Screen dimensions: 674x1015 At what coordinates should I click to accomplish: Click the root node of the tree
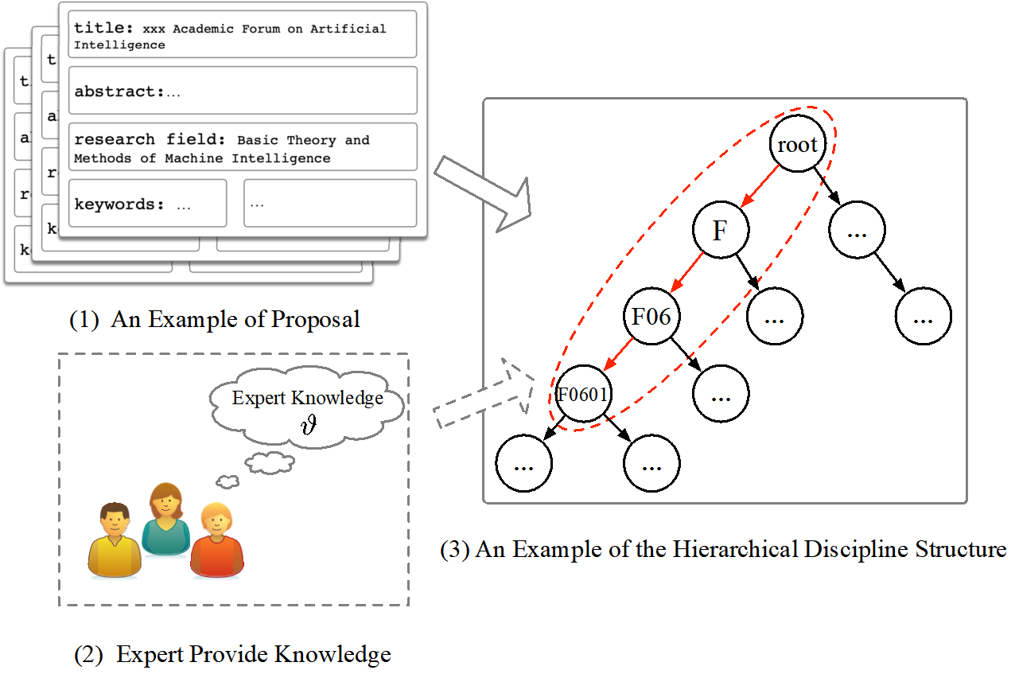[x=797, y=145]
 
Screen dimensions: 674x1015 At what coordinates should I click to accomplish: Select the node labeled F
[x=720, y=231]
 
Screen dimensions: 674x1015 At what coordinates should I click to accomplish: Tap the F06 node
[x=651, y=318]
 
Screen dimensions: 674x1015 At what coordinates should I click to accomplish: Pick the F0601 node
[x=583, y=394]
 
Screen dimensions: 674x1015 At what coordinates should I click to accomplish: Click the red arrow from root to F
[x=758, y=188]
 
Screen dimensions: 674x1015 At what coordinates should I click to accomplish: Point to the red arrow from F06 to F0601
[x=618, y=356]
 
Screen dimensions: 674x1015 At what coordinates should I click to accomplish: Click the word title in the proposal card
[x=104, y=28]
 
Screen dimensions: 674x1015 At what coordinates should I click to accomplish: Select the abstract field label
[x=118, y=92]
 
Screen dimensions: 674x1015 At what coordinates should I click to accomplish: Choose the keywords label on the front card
[x=118, y=204]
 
